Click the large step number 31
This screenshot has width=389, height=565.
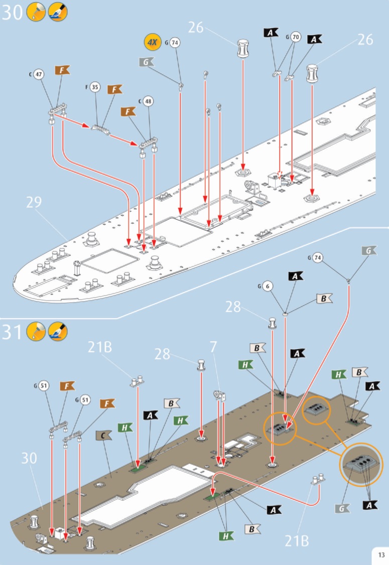[13, 332]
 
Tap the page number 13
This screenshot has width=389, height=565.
[380, 554]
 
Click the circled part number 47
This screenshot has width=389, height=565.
[39, 75]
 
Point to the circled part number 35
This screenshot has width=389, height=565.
[95, 87]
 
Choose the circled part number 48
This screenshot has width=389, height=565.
[148, 101]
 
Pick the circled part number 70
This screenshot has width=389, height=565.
[296, 37]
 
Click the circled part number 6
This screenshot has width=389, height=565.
[268, 287]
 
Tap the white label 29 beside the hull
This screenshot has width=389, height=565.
[34, 202]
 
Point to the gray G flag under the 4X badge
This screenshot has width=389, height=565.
[147, 62]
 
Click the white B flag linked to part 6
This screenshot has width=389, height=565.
[324, 299]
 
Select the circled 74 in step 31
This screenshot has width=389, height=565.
[317, 258]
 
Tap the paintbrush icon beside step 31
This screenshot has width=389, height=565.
[57, 332]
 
